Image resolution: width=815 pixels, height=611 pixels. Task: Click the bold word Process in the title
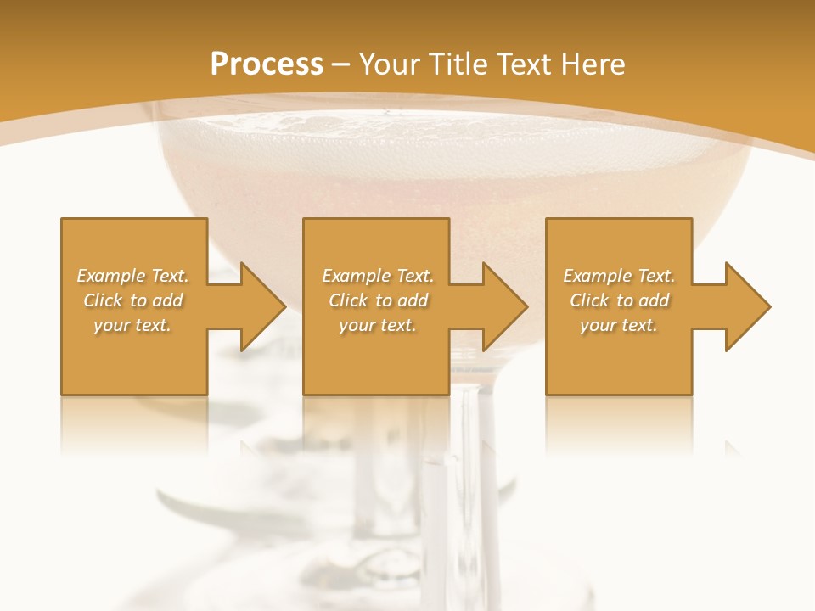click(x=267, y=64)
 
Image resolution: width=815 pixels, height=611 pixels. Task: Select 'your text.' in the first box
click(x=132, y=325)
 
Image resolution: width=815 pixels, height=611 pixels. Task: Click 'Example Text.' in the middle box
click(x=378, y=276)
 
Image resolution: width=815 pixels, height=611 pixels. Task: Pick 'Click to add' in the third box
click(x=620, y=300)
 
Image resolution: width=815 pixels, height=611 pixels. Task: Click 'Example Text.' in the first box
click(x=132, y=276)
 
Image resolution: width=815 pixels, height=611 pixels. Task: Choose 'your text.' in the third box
click(x=619, y=325)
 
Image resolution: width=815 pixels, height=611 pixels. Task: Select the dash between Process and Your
click(x=341, y=64)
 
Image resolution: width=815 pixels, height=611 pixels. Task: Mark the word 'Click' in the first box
click(x=103, y=300)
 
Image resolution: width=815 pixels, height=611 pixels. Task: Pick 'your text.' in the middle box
click(x=378, y=325)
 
